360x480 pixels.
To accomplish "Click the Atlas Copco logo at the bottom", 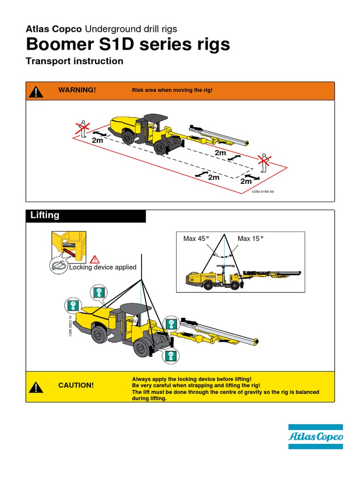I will pyautogui.click(x=315, y=437).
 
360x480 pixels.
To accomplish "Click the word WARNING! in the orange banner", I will pyautogui.click(x=77, y=90).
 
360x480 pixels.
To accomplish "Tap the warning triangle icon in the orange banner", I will pyautogui.click(x=36, y=92).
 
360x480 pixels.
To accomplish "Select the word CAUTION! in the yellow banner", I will pyautogui.click(x=76, y=385).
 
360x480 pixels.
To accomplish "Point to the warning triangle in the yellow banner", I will pyautogui.click(x=36, y=387).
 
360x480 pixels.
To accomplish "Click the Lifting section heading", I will pyautogui.click(x=45, y=215).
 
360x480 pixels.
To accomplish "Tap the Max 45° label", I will pyautogui.click(x=196, y=239).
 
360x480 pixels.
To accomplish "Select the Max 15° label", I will pyautogui.click(x=250, y=239).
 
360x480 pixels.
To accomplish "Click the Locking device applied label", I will pyautogui.click(x=103, y=267).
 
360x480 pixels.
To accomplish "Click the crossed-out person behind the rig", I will pyautogui.click(x=83, y=127).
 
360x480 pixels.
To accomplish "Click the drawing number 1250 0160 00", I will pyautogui.click(x=262, y=191).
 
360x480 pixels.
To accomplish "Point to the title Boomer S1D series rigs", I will pyautogui.click(x=128, y=45).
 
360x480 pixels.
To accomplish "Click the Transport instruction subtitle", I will pyautogui.click(x=75, y=61).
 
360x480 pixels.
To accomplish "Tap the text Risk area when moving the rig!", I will pyautogui.click(x=172, y=90).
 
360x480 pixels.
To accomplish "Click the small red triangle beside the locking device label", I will pyautogui.click(x=95, y=259).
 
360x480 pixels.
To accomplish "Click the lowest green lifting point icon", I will pyautogui.click(x=171, y=356).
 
